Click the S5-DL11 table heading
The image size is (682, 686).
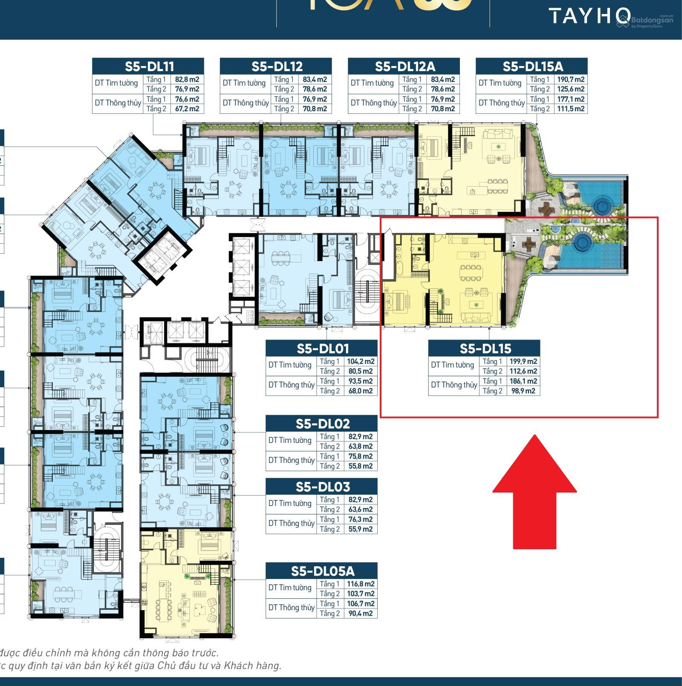(148, 66)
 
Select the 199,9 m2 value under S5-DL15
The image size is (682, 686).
(523, 361)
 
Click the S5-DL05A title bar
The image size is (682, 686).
(322, 571)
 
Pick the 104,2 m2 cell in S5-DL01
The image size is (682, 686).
(360, 361)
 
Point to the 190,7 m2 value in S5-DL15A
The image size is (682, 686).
(570, 79)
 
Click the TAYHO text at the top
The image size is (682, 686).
(588, 16)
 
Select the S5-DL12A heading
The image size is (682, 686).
(404, 66)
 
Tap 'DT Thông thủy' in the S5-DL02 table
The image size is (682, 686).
(291, 461)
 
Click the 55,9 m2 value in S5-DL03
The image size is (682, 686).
(360, 529)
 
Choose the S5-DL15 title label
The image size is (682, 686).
(485, 349)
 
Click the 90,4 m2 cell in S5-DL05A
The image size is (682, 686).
(360, 613)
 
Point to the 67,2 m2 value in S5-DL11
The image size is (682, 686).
(187, 109)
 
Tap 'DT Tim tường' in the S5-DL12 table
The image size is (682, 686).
(244, 83)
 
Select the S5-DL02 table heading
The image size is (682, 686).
(322, 424)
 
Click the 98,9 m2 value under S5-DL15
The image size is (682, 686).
(523, 391)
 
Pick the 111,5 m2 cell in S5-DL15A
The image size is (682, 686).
(570, 109)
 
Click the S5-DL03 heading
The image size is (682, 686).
(322, 487)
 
